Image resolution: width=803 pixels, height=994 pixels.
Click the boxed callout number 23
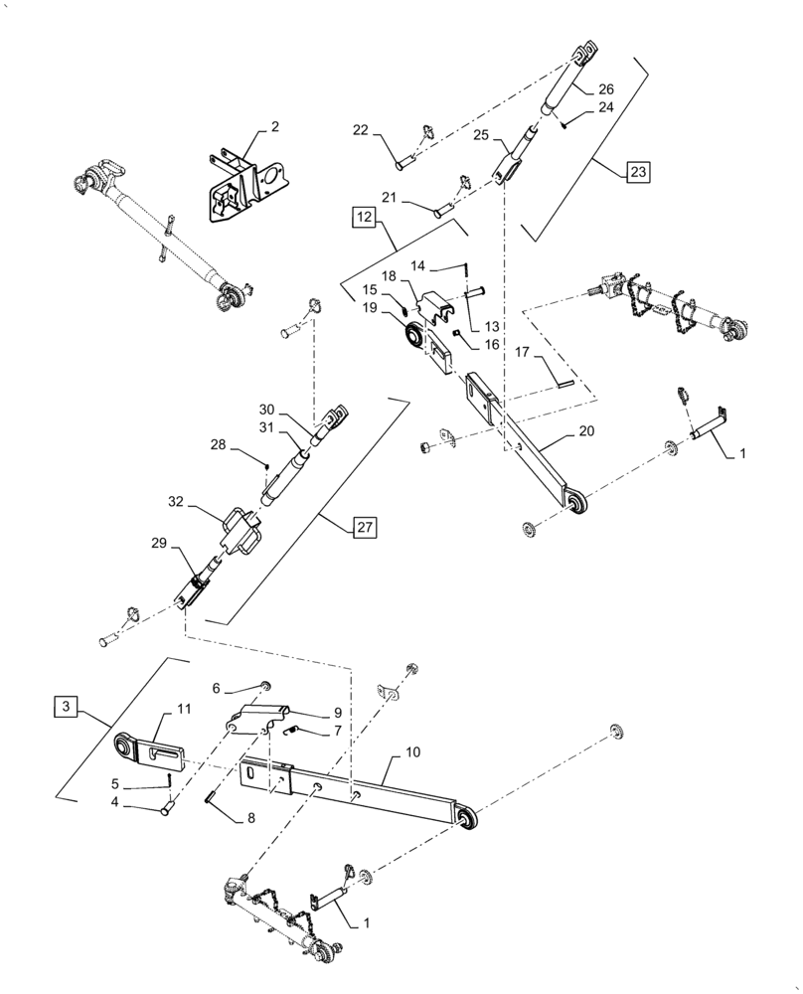click(636, 172)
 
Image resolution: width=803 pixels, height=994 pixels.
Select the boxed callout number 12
click(363, 216)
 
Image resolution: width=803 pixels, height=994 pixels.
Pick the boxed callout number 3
click(65, 707)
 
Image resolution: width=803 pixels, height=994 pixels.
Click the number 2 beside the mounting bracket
click(274, 126)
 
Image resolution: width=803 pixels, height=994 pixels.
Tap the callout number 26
click(607, 88)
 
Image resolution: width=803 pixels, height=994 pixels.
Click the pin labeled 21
click(444, 210)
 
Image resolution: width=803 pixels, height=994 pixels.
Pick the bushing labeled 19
click(408, 340)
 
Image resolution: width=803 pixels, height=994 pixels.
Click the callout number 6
click(216, 687)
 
